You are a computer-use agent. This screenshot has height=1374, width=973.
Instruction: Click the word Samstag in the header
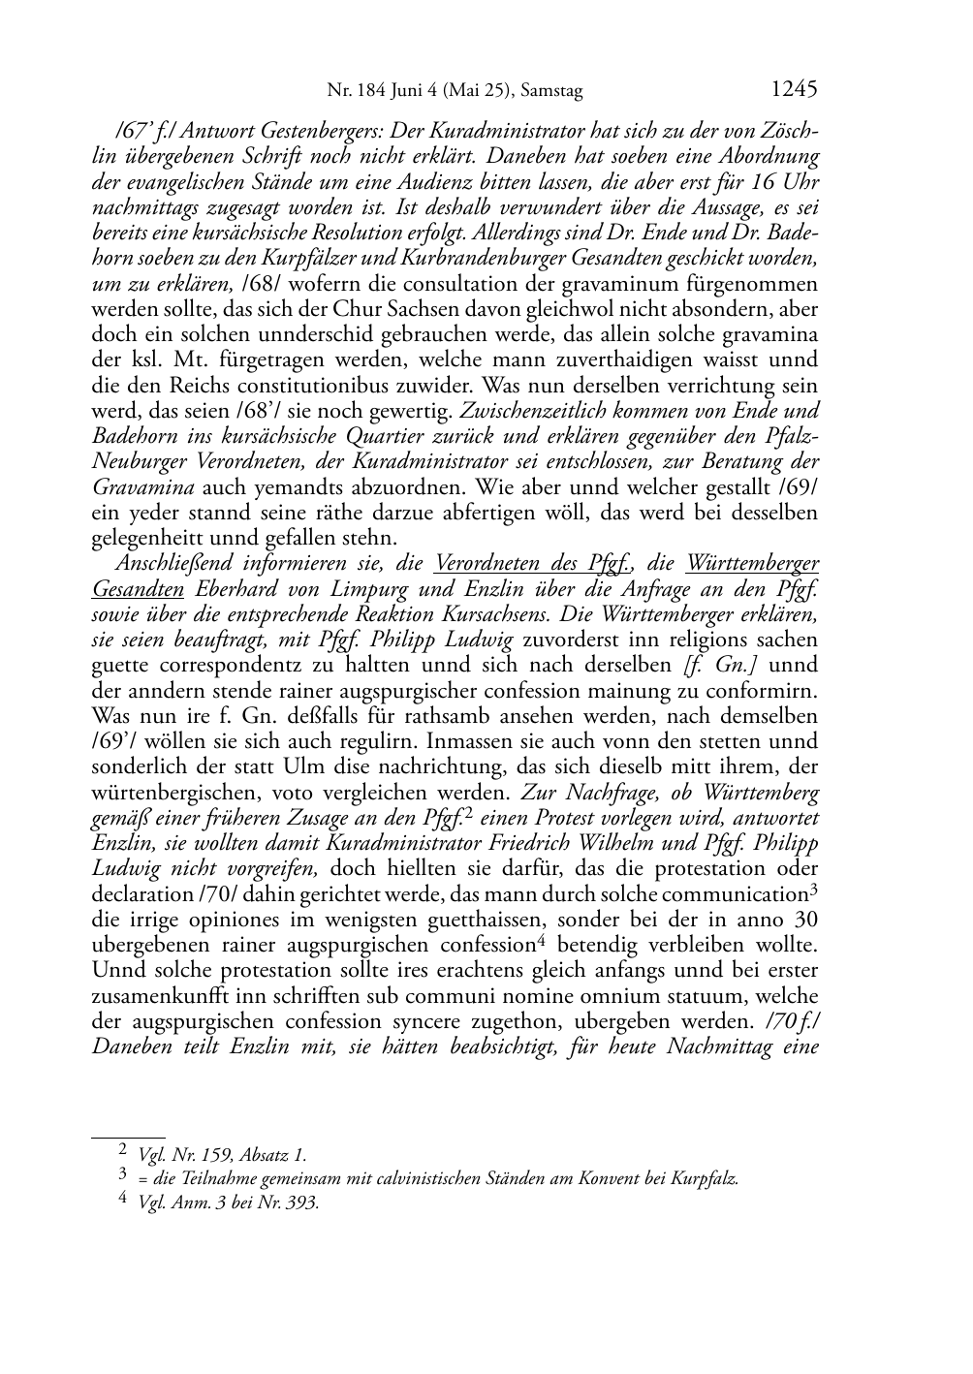(x=552, y=92)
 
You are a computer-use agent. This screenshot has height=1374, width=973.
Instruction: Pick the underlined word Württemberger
(x=752, y=563)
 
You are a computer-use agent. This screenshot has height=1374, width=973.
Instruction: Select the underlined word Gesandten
(x=138, y=588)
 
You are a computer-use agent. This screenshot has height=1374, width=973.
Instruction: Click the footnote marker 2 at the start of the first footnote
(x=123, y=1151)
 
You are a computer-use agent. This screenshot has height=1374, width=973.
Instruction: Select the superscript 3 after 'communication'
(x=814, y=889)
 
